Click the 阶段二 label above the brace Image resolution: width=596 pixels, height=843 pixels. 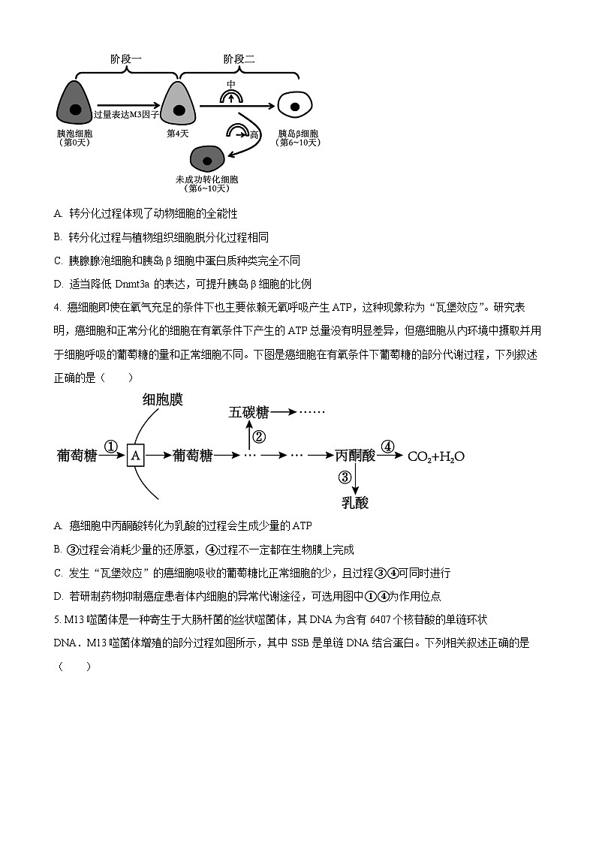tap(239, 59)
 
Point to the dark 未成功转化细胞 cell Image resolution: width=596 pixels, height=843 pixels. tap(207, 159)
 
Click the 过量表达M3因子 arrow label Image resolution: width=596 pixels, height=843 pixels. tap(127, 114)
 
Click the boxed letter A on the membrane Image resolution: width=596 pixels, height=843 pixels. tap(135, 456)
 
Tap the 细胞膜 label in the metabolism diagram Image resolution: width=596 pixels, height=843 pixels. tap(163, 399)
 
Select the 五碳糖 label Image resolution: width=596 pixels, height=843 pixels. tap(248, 412)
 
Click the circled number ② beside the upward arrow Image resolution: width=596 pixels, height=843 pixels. tap(259, 437)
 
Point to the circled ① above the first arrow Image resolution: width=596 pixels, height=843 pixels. tap(111, 447)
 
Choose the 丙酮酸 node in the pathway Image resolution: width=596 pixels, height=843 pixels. tap(355, 456)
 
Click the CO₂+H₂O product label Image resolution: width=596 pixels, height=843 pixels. tap(435, 456)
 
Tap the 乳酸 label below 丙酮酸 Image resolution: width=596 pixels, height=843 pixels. tap(355, 502)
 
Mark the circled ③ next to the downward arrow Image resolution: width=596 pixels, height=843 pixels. tap(345, 477)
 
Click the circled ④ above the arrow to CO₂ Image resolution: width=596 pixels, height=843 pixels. tap(387, 447)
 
